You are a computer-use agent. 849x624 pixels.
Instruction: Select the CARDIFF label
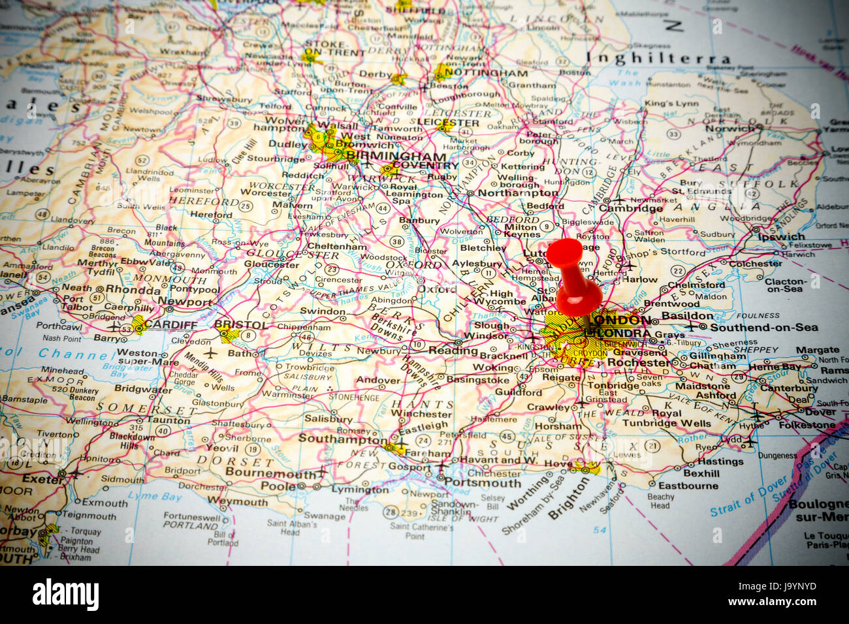coord(170,324)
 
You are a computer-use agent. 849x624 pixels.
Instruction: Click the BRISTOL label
coord(240,324)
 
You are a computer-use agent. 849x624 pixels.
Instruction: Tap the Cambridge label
coord(631,208)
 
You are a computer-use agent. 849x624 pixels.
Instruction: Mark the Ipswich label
coord(782,237)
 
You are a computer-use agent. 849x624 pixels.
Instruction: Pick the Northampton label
coord(517,193)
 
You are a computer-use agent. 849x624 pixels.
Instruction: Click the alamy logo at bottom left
coord(65,595)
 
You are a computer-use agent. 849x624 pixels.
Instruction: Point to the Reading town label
coord(453,351)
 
